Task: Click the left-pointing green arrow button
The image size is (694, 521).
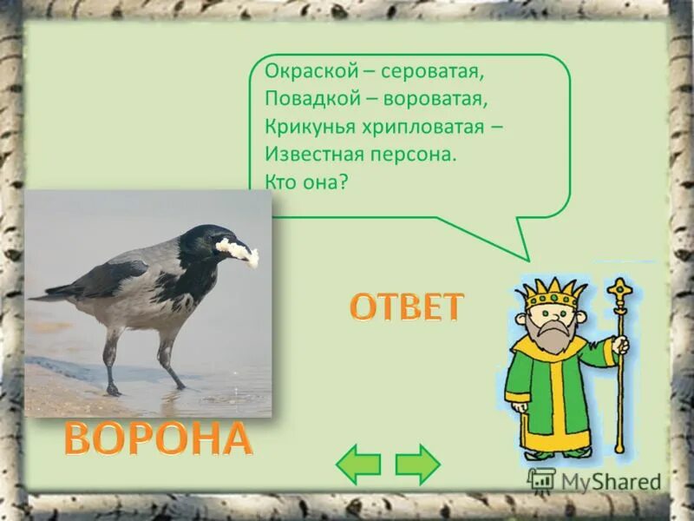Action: click(x=358, y=465)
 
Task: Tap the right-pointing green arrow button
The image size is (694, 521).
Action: click(x=417, y=465)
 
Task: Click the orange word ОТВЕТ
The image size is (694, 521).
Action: click(x=407, y=307)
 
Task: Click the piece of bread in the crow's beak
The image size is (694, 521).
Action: click(x=238, y=251)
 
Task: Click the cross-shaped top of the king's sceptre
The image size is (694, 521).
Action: click(x=619, y=288)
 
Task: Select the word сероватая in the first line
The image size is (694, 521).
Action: click(x=410, y=76)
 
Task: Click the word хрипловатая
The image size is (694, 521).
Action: click(x=420, y=129)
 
